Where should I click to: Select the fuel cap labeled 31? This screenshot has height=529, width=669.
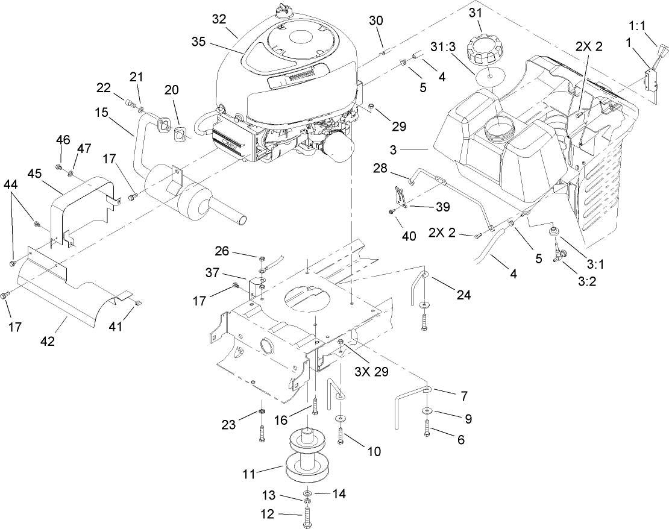(x=486, y=46)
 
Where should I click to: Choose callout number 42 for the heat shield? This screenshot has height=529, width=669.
(x=47, y=341)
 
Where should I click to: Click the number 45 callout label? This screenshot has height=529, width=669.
(x=34, y=174)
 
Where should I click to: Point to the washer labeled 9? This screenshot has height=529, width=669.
(x=427, y=412)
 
